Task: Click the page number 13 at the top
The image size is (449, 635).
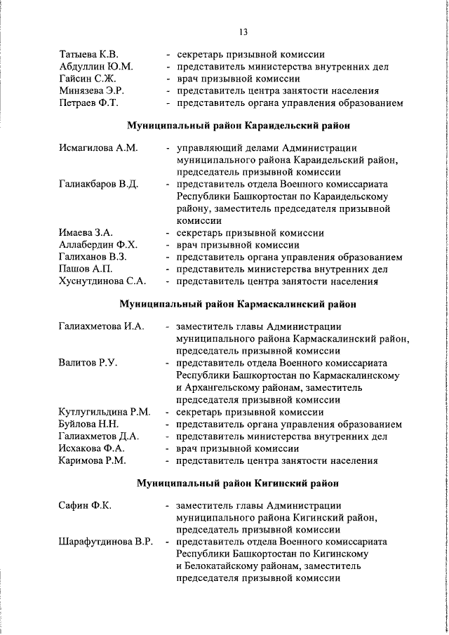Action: [x=243, y=32]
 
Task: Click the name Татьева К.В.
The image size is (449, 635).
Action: [x=89, y=53]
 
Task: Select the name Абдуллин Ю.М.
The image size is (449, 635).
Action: [x=96, y=66]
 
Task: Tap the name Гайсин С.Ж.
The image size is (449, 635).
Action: [x=87, y=79]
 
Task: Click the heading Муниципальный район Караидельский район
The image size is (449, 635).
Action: [x=238, y=126]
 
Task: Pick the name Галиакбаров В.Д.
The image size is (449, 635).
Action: [x=99, y=185]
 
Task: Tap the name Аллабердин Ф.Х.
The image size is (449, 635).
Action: [x=98, y=245]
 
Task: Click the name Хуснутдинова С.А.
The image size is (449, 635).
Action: [x=102, y=282]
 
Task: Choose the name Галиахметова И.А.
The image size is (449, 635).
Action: [x=101, y=326]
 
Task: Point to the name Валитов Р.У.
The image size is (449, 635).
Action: [x=88, y=363]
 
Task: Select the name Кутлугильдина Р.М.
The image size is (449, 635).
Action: [x=105, y=412]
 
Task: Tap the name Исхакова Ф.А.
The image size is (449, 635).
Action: [x=92, y=448]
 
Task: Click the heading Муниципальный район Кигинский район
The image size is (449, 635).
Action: [x=238, y=483]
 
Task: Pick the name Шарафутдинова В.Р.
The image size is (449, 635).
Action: [x=106, y=542]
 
